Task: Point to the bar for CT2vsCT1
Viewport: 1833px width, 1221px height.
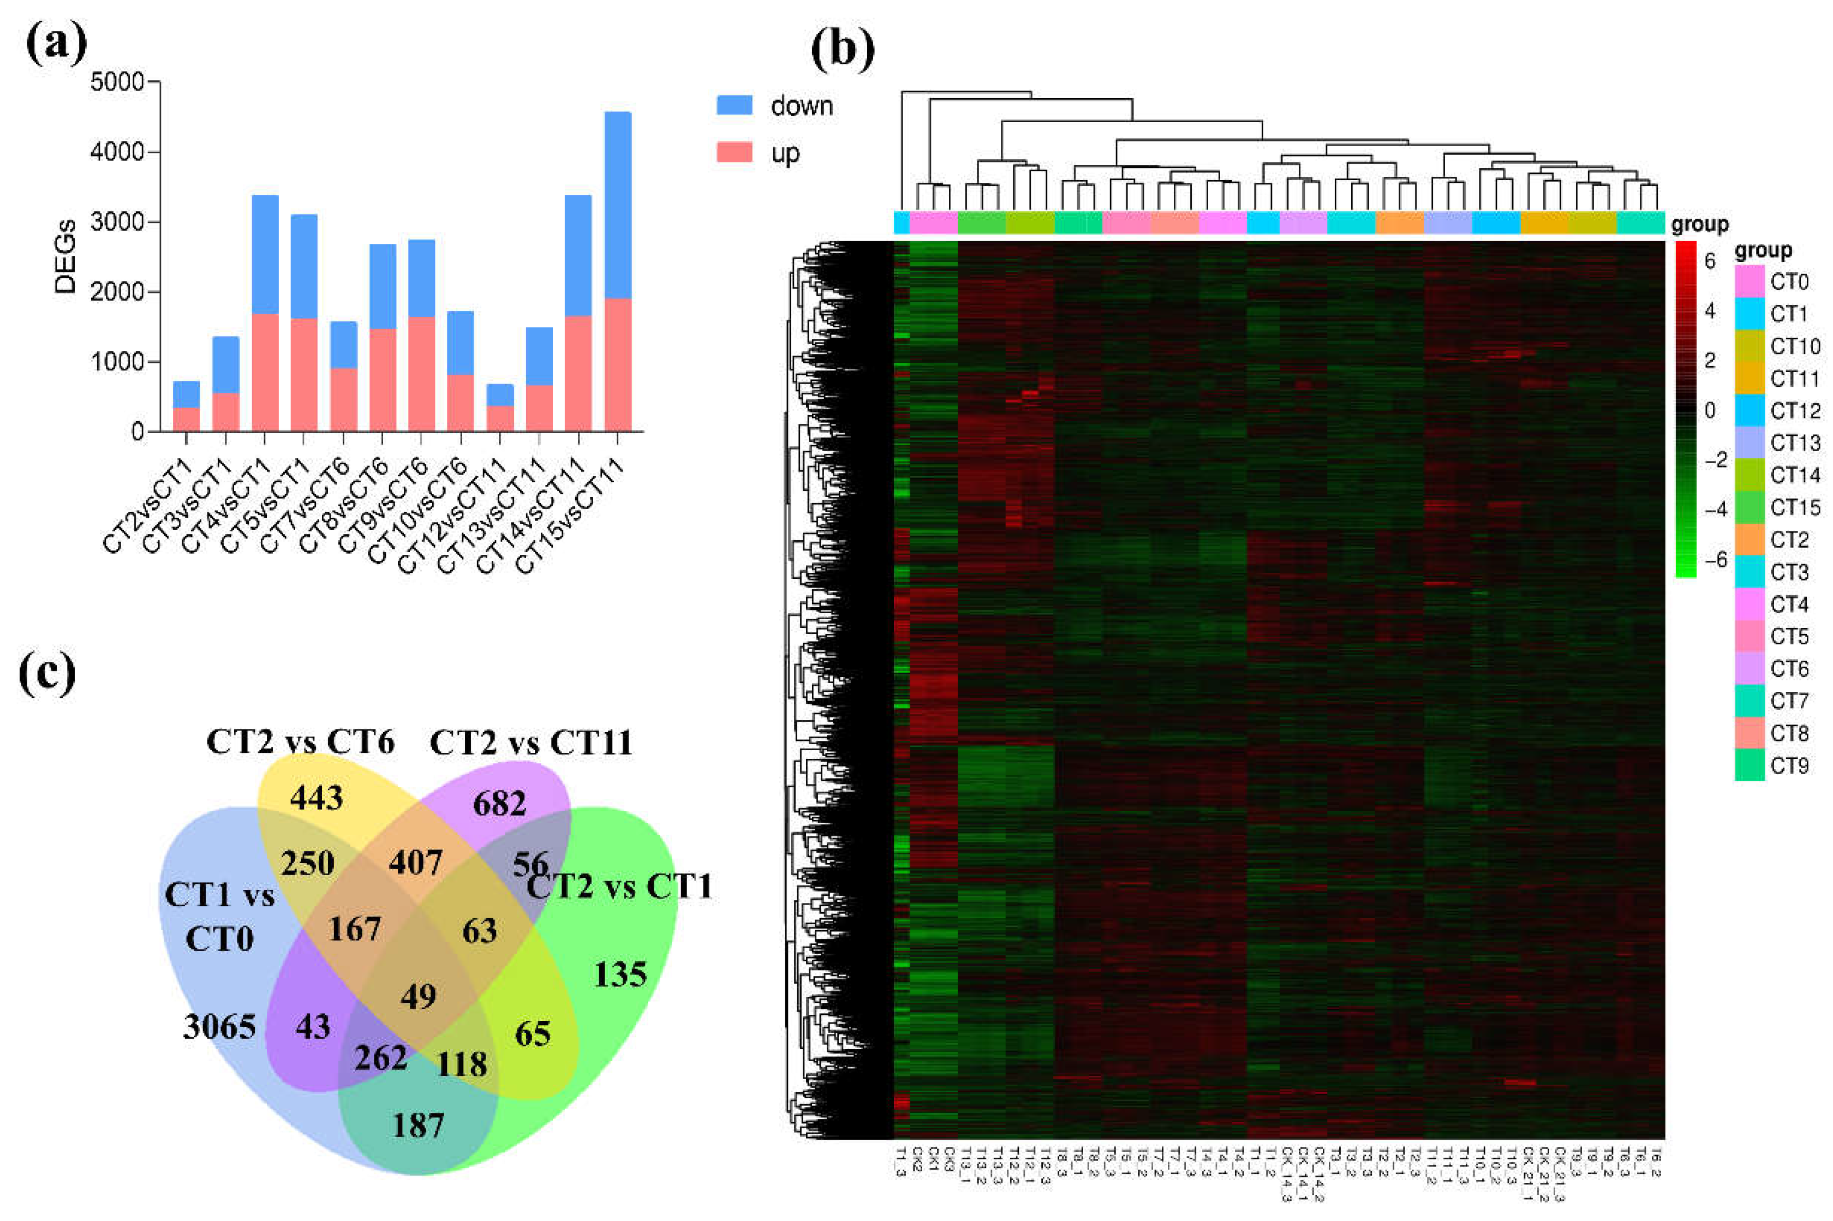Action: point(186,406)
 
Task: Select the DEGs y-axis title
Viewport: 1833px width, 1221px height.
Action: point(65,257)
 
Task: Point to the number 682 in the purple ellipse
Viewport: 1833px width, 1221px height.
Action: point(499,803)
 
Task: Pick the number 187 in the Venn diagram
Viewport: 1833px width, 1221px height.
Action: point(418,1125)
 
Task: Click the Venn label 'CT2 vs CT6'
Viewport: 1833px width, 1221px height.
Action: point(300,742)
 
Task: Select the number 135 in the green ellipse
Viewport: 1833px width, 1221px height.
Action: point(620,974)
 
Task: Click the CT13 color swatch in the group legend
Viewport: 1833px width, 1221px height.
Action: point(1750,442)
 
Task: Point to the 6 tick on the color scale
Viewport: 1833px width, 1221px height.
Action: point(1710,261)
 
